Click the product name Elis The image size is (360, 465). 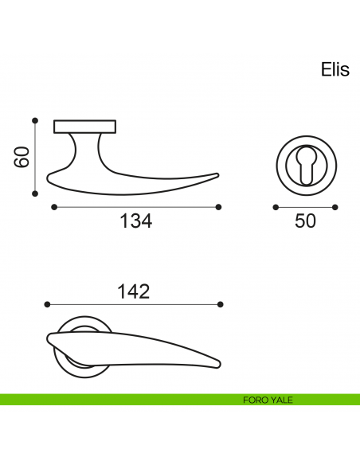coord(335,70)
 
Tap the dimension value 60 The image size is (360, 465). coord(22,157)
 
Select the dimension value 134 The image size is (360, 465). coord(136,221)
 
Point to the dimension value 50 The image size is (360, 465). coord(305,221)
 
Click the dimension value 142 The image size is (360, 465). coord(134,291)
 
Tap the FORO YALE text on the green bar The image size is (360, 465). coord(268,400)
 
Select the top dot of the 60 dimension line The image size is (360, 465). coord(35,120)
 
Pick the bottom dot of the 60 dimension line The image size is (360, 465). coord(35,193)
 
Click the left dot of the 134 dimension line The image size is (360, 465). coord(54,207)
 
